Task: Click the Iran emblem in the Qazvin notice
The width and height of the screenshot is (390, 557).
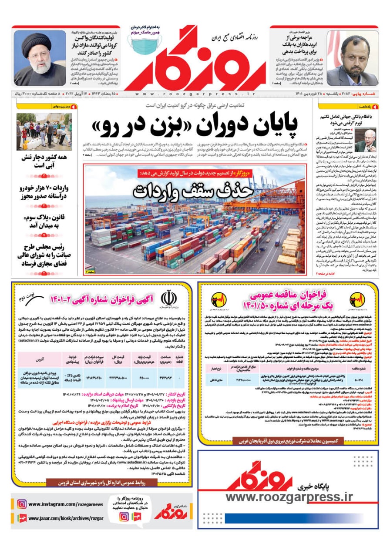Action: (168, 299)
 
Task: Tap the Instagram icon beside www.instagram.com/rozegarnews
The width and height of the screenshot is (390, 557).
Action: (22, 504)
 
